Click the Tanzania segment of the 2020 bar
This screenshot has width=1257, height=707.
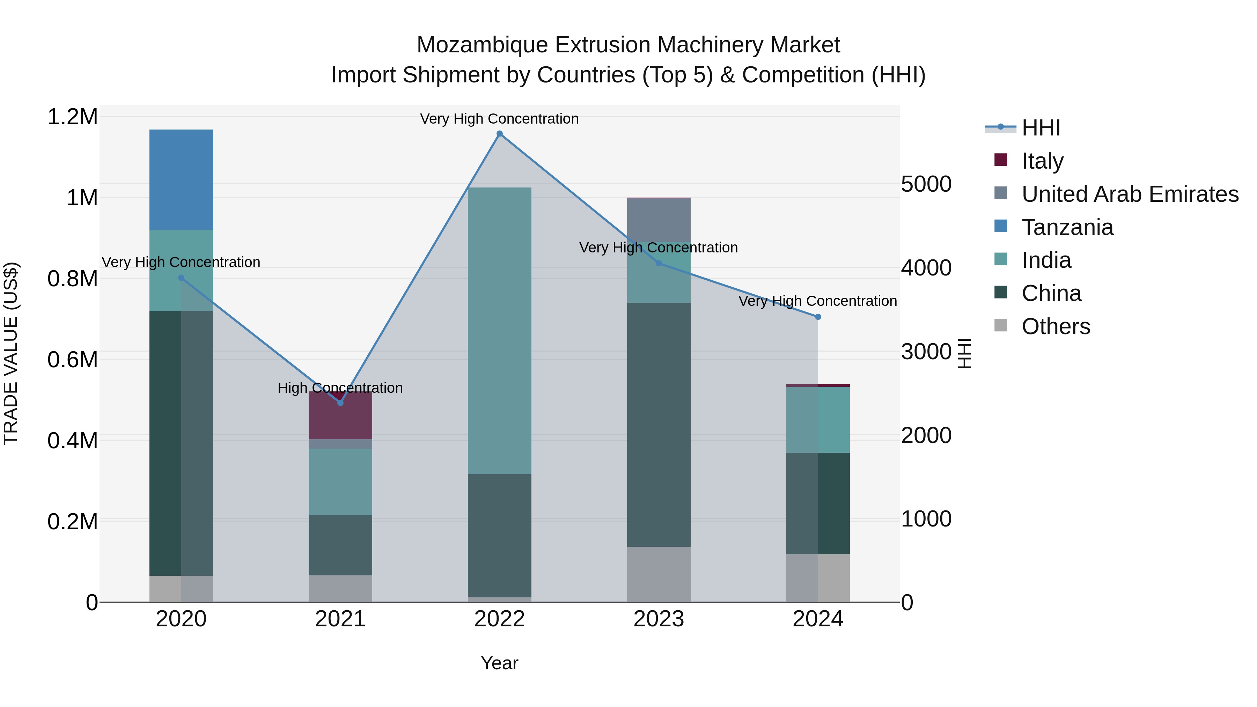181,179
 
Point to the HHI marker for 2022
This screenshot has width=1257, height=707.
499,134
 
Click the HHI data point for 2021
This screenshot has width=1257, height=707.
340,403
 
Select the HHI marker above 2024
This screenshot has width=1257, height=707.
818,317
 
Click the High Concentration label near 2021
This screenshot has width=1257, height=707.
340,388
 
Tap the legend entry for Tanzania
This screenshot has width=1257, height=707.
1067,227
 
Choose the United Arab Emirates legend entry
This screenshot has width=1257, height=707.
1130,194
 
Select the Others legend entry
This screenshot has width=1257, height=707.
1056,326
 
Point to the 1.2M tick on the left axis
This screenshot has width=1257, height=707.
72,117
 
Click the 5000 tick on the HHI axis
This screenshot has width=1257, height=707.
926,184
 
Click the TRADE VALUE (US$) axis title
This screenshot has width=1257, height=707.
11,353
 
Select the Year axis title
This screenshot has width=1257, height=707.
499,663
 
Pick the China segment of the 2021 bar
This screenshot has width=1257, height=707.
340,545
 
